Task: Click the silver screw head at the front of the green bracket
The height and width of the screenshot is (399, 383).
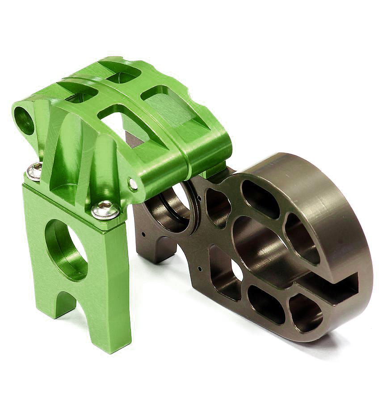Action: coord(105,209)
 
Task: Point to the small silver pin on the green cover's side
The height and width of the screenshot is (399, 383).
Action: coord(133,184)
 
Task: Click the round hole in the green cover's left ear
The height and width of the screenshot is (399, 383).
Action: coord(24,120)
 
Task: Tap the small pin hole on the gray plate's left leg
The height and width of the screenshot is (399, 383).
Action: coord(143,233)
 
